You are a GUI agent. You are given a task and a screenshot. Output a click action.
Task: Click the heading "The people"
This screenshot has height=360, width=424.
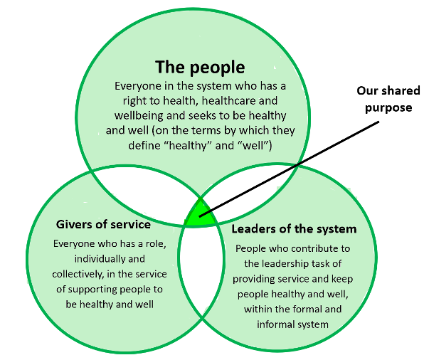click(x=200, y=68)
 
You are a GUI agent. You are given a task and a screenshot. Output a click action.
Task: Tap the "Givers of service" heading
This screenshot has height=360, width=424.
click(x=103, y=224)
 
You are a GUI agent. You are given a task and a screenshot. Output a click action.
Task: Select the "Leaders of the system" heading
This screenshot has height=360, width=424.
click(x=294, y=229)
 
